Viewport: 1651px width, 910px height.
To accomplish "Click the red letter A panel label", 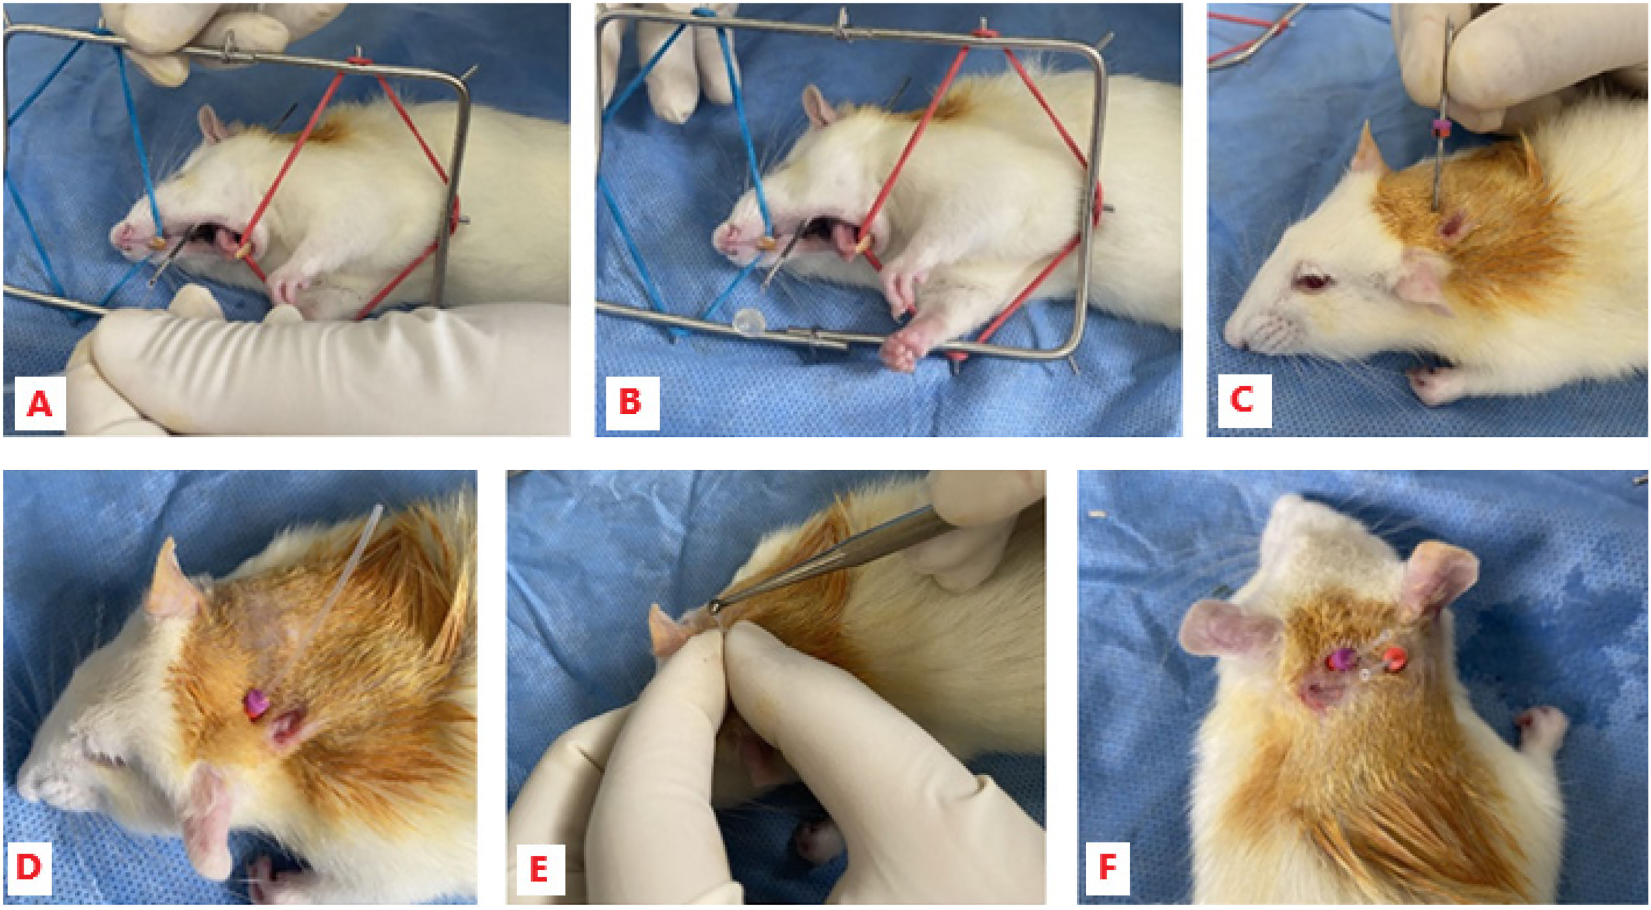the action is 39,403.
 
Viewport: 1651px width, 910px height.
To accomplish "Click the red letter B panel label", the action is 631,401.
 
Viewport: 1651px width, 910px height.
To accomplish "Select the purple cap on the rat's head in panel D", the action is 257,705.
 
